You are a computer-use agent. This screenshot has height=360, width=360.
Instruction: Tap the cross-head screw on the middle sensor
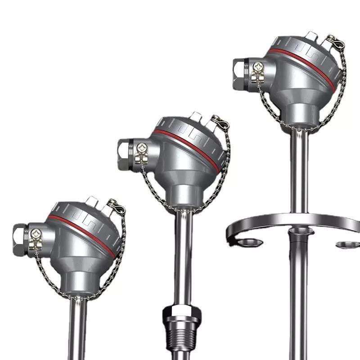click(x=141, y=148)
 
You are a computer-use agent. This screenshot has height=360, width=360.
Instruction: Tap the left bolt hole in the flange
click(x=250, y=243)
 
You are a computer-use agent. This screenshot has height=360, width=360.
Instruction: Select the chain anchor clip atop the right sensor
click(x=336, y=42)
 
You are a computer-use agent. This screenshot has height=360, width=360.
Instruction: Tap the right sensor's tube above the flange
click(x=297, y=171)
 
